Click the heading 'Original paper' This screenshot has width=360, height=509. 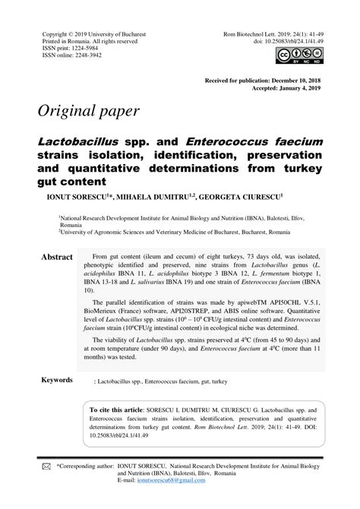[x=88, y=111]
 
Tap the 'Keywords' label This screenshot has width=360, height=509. [x=57, y=380]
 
